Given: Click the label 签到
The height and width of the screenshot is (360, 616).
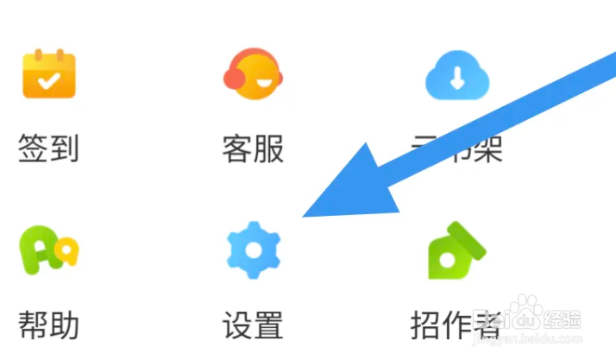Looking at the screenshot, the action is [49, 149].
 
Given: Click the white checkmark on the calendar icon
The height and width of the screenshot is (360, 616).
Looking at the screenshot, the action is [48, 80].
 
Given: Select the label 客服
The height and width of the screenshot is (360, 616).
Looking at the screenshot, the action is [252, 149].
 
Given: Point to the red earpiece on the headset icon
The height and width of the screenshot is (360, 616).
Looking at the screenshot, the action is [231, 79].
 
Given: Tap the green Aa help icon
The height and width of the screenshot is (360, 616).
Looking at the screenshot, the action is [49, 250].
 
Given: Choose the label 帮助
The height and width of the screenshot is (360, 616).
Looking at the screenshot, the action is [49, 325].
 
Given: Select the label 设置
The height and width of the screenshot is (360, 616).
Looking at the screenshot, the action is [252, 325].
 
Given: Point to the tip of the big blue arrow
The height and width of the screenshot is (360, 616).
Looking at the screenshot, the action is [304, 216].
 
